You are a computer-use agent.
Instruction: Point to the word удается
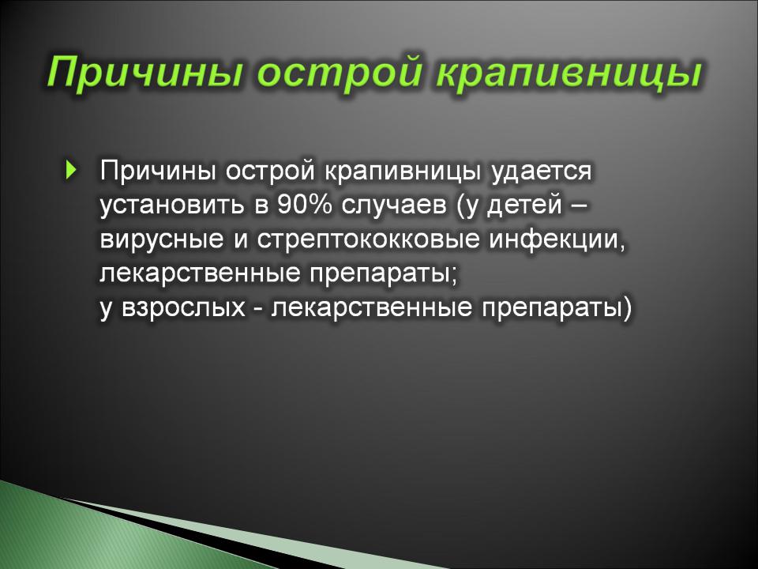click(542, 171)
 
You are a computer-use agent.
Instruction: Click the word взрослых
click(184, 308)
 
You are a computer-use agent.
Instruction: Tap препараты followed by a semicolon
click(383, 274)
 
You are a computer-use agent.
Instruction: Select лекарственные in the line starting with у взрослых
click(371, 308)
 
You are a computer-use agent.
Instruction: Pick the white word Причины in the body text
click(158, 171)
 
